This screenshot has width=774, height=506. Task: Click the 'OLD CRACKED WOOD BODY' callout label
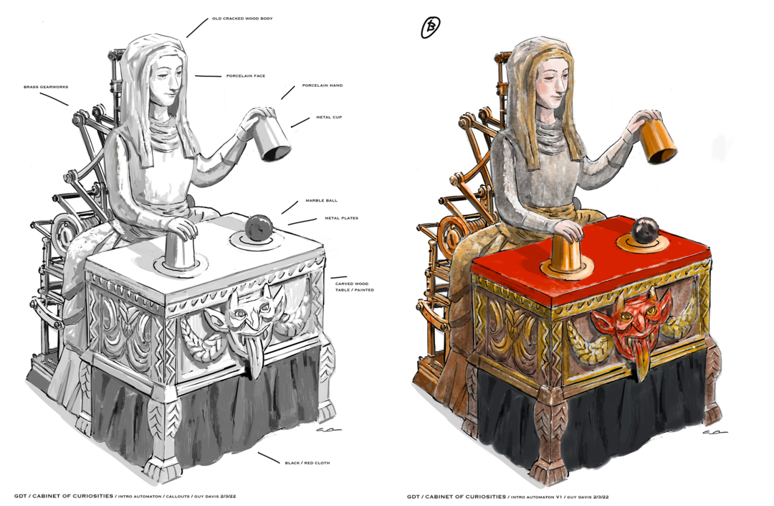click(x=242, y=19)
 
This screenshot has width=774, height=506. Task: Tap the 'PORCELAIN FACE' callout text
click(x=246, y=76)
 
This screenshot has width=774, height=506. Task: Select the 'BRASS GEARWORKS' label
click(x=46, y=87)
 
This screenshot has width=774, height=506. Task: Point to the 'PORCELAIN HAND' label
click(x=322, y=85)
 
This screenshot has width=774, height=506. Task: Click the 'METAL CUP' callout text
click(x=329, y=118)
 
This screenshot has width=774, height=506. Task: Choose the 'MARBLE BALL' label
click(x=321, y=201)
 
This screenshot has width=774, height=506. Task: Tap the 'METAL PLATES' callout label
click(x=342, y=218)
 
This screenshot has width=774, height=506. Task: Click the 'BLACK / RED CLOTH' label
click(x=307, y=463)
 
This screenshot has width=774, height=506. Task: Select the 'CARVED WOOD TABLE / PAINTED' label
click(x=355, y=286)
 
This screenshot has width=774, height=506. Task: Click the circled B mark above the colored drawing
click(x=430, y=27)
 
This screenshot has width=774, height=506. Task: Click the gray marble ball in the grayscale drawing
click(x=258, y=228)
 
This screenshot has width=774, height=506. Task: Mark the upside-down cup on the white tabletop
click(x=179, y=250)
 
